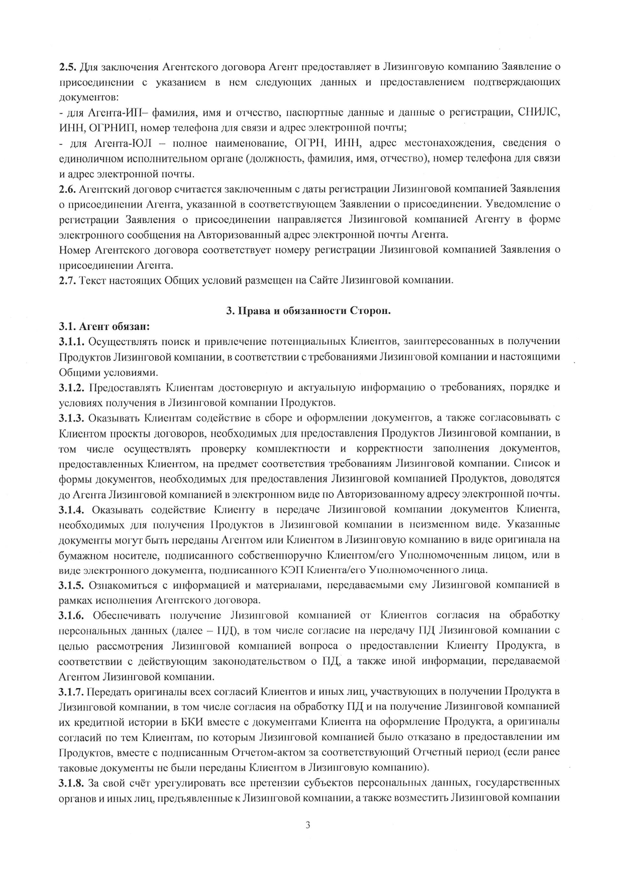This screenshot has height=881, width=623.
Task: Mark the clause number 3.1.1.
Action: tap(72, 342)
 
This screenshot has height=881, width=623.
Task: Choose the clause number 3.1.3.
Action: tap(72, 417)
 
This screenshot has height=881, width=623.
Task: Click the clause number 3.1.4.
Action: tap(72, 509)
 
